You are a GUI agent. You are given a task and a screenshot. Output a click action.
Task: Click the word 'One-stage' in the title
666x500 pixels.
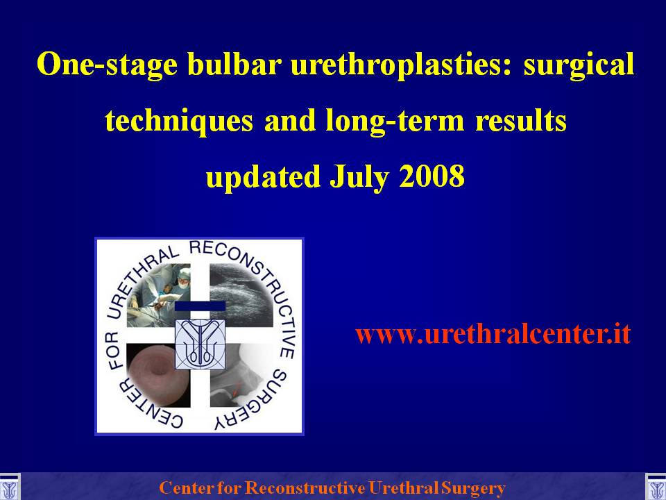[107, 65]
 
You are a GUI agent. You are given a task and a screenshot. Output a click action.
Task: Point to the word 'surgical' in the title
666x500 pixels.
[579, 65]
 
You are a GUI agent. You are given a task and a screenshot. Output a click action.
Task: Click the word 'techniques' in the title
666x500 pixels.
[178, 121]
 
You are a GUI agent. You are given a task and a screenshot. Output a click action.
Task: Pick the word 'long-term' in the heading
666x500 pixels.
[395, 121]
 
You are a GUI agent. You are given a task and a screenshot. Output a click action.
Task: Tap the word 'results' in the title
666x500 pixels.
[521, 120]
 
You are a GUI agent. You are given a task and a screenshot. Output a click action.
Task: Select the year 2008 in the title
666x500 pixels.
[432, 176]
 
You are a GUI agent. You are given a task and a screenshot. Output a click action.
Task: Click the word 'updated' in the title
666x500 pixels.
[263, 177]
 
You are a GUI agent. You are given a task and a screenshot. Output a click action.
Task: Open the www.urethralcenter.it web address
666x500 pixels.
[493, 334]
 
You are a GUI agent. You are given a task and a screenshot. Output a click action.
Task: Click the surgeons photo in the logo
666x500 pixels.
[158, 294]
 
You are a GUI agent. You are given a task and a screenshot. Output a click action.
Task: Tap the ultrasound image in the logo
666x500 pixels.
[241, 294]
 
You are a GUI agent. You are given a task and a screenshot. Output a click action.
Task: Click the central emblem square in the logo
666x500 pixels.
[200, 344]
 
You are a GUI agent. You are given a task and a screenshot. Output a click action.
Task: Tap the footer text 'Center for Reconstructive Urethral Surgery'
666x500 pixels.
[332, 487]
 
